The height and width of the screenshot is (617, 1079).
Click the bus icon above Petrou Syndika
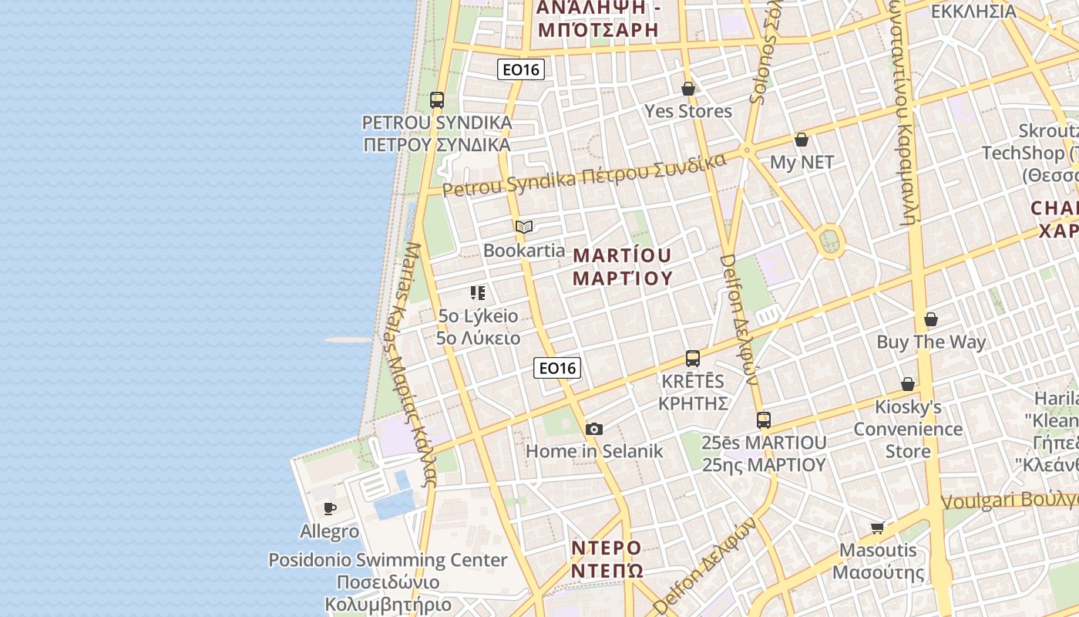coord(437,100)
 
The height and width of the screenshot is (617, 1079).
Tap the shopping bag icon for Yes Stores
coord(688,89)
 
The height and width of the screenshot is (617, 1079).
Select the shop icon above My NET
coord(802,140)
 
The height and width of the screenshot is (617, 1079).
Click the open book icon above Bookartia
coord(524,228)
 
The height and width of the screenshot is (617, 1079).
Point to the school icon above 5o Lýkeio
coord(478,293)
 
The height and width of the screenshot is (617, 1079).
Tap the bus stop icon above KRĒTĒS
coord(693,359)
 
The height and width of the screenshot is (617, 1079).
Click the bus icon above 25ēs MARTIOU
coord(764,420)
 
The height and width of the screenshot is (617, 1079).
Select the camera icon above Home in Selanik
coord(593,429)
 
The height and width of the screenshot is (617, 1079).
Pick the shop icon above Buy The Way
coord(931,319)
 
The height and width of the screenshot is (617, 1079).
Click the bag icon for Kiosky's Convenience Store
coord(908,384)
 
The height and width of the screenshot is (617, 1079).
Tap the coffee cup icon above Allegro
coord(330,508)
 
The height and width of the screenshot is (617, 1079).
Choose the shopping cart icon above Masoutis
coord(877,528)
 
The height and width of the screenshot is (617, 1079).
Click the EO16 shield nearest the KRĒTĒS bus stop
coord(557,368)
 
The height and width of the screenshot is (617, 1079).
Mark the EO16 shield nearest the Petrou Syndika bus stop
coord(521,69)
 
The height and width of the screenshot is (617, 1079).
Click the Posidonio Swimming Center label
coord(388,560)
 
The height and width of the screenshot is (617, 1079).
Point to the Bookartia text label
coord(524,251)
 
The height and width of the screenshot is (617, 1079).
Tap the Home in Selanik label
coord(594,451)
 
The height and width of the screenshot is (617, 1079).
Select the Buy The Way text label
coord(931,342)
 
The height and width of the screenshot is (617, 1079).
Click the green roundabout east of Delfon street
coord(830,241)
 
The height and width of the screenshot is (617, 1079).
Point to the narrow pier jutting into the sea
coord(348,339)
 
